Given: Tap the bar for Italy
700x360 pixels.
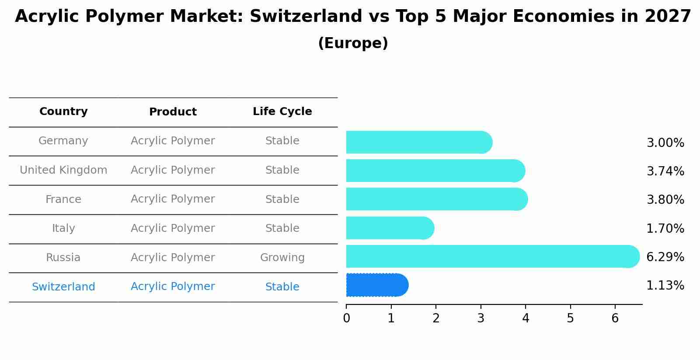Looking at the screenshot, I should (389, 228).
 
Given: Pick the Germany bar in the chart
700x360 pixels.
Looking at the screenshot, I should (418, 142).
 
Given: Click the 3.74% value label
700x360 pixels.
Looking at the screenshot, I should (665, 171).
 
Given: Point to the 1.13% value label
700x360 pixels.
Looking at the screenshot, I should (665, 286).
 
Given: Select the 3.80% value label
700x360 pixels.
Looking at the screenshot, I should (665, 200).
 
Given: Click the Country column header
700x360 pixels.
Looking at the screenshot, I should (63, 112).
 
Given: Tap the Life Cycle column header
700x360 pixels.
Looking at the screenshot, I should (282, 112).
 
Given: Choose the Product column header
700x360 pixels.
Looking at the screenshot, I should (173, 112).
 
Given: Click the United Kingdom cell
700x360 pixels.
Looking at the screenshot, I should (63, 170).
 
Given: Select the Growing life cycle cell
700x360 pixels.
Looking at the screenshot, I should (282, 258).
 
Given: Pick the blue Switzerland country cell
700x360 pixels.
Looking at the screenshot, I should (63, 287).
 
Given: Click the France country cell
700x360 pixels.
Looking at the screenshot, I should (63, 199).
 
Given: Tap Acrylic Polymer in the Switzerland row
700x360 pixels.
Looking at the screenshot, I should (173, 287).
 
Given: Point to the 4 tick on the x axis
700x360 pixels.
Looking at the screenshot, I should (526, 318).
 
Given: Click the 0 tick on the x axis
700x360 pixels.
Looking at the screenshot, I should (346, 318).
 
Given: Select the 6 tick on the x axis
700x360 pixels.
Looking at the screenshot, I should (615, 318).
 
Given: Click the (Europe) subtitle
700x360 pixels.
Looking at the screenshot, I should (353, 43).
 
